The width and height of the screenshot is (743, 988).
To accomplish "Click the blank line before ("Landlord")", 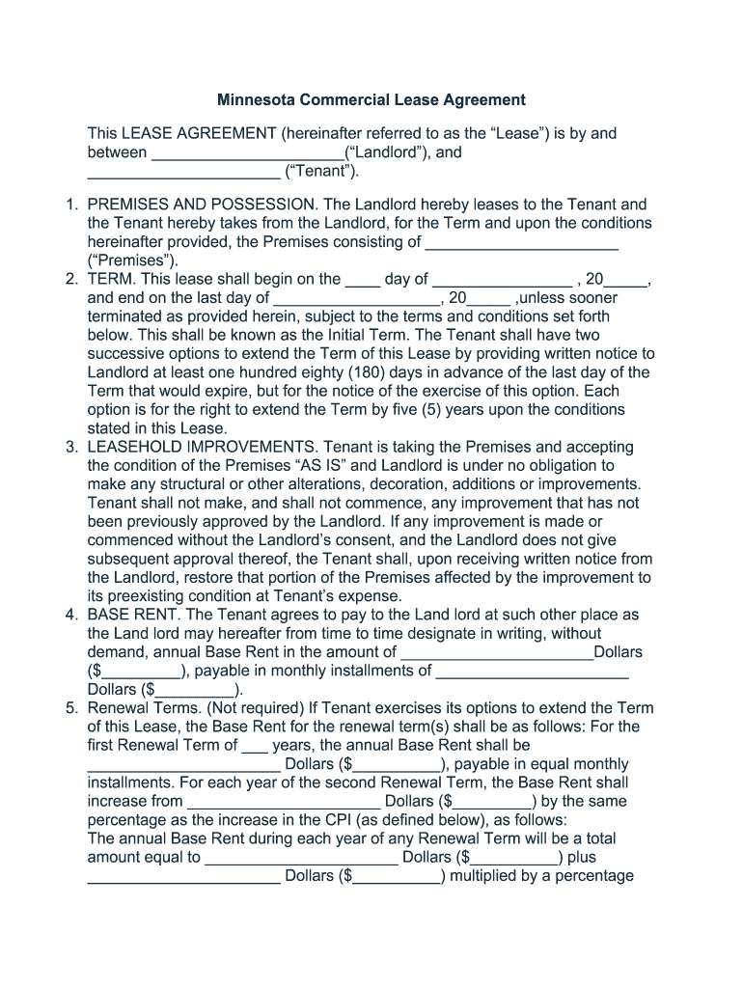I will [247, 153].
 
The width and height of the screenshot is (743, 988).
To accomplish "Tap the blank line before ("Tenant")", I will [183, 173].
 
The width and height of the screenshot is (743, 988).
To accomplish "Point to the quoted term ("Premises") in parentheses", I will [133, 261].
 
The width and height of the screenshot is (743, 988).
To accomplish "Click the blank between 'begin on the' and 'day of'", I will [363, 280].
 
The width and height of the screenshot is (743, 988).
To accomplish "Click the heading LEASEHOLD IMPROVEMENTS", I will [202, 448].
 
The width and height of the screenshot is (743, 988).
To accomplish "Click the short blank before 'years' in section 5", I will [255, 746].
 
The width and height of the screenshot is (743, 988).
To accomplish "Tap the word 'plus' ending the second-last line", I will [582, 858].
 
